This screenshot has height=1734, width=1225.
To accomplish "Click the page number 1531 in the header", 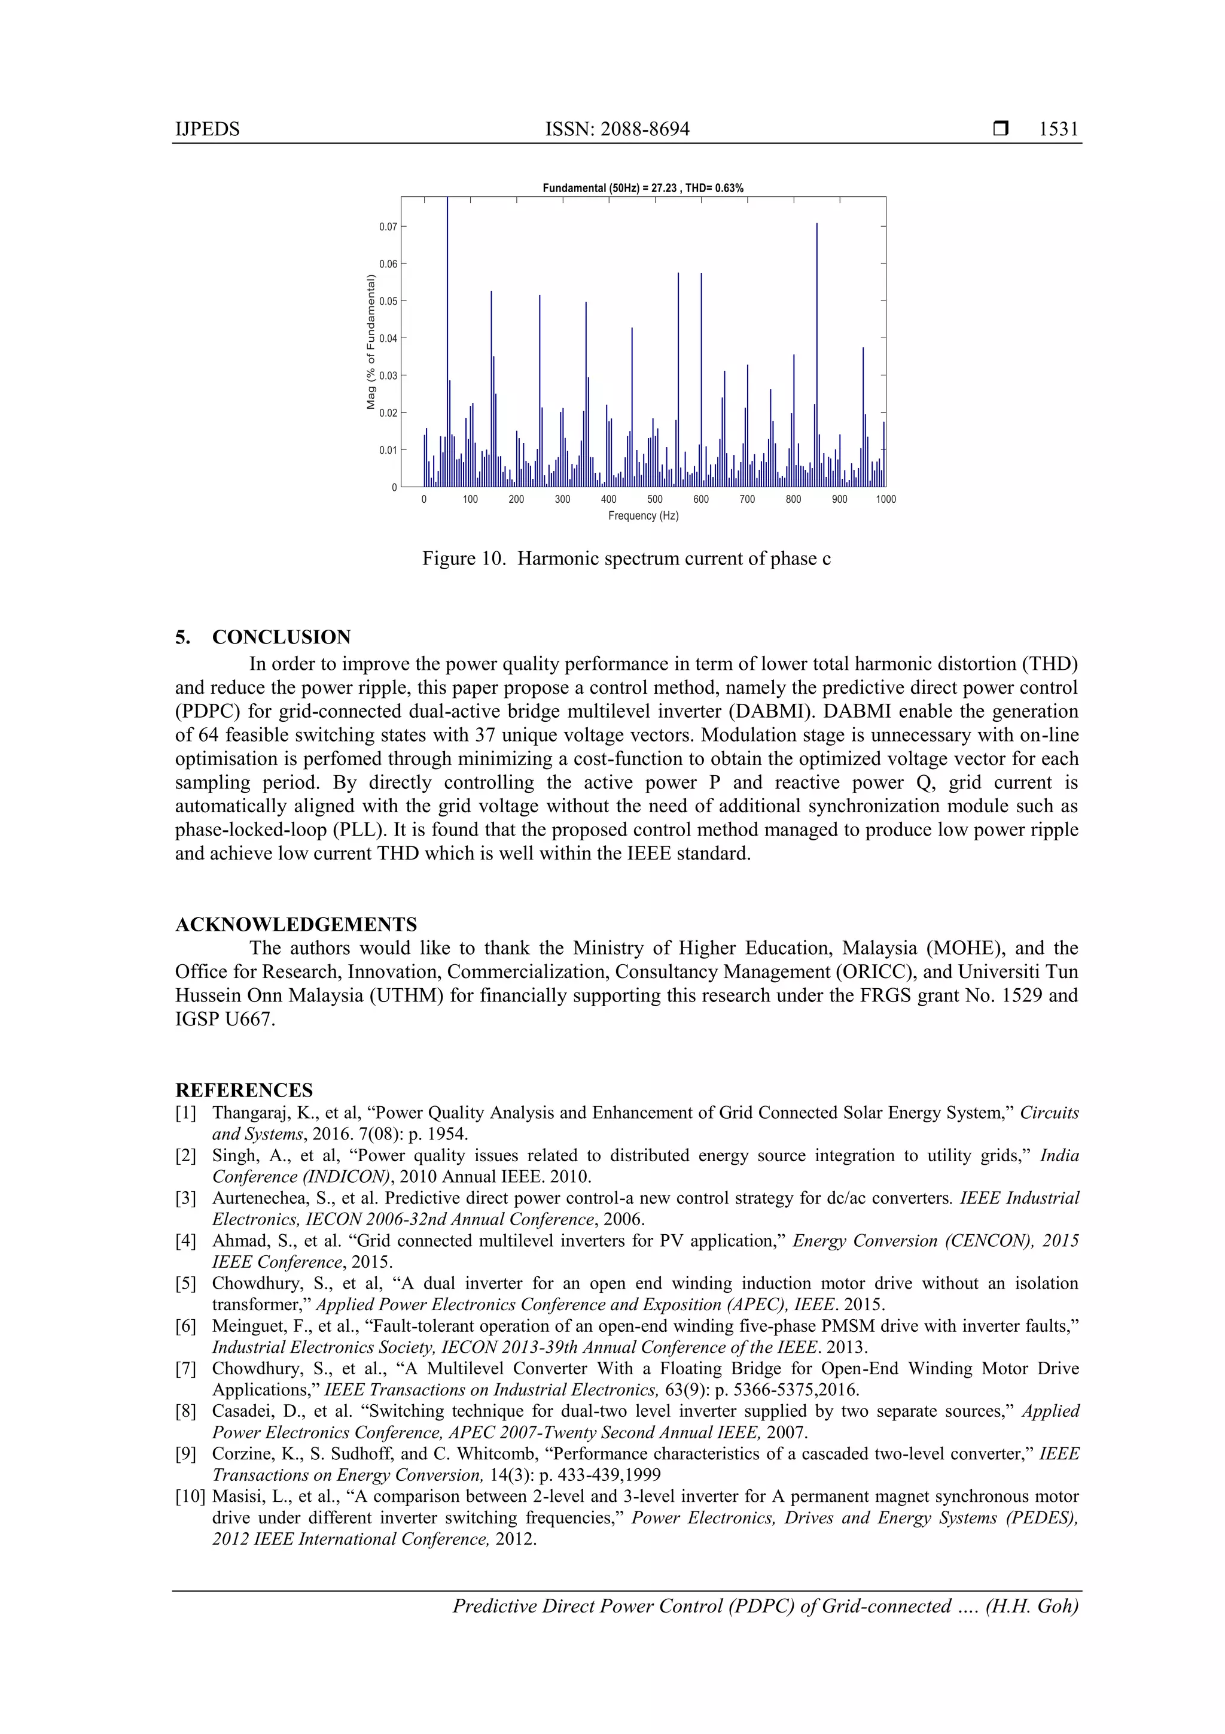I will click(x=1058, y=129).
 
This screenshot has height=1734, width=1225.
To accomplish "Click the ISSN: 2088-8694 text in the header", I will click(x=617, y=129).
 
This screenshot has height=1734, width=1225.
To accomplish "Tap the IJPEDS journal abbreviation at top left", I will click(x=207, y=129).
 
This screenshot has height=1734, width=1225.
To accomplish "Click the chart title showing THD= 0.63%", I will click(x=643, y=188).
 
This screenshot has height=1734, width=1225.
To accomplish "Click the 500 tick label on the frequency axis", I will click(x=654, y=499).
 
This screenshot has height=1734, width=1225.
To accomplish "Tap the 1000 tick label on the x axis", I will click(x=885, y=499).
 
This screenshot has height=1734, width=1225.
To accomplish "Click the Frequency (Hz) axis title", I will click(x=643, y=516).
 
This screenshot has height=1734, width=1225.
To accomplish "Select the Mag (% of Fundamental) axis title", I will click(x=371, y=342).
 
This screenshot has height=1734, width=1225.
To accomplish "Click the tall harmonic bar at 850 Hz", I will click(x=816, y=355).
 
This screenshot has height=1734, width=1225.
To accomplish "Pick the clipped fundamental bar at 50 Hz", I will click(x=447, y=340).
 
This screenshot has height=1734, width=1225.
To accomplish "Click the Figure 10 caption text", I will click(x=626, y=559).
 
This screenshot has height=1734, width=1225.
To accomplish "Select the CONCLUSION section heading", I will click(x=281, y=637).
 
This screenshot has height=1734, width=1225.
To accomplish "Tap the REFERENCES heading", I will click(x=244, y=1090).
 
